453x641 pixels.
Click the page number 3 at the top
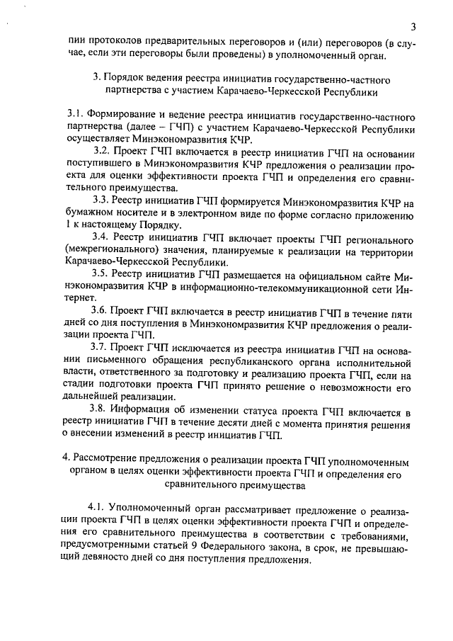412,27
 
